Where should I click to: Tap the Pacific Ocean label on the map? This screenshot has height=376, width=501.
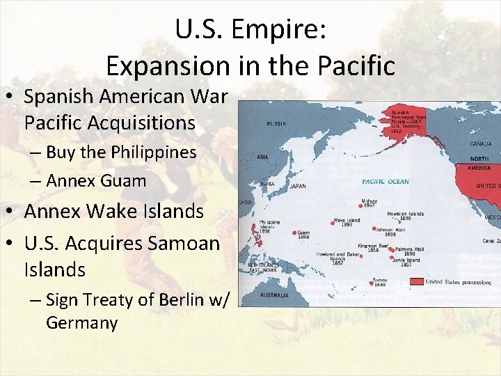click(385, 182)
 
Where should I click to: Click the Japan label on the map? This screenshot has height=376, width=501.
click(298, 186)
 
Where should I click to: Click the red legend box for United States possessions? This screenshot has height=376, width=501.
click(416, 282)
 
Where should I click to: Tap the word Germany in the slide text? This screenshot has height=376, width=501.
click(82, 323)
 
